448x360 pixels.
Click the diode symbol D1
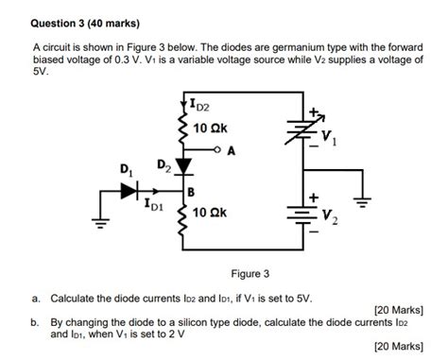[129, 190]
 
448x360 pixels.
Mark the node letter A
[231, 150]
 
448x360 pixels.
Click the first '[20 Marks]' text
[398, 309]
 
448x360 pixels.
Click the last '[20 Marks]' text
[398, 346]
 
